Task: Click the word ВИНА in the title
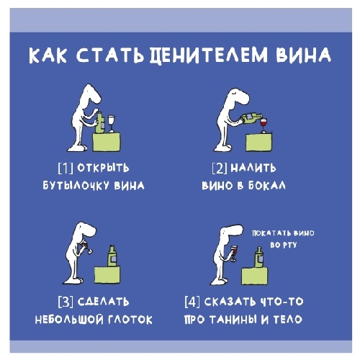tap(303, 55)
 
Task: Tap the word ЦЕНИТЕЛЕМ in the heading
tap(209, 55)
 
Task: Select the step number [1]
tap(66, 168)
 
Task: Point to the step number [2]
tap(220, 168)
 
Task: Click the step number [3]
tap(66, 302)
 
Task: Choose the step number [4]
tap(192, 302)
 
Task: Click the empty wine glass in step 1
tap(112, 123)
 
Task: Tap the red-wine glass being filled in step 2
tap(264, 125)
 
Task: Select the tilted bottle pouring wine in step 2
tap(251, 119)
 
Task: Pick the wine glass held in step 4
tap(233, 253)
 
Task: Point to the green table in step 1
tap(107, 142)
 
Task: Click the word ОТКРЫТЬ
tap(103, 168)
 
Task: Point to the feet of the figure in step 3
tap(73, 280)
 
